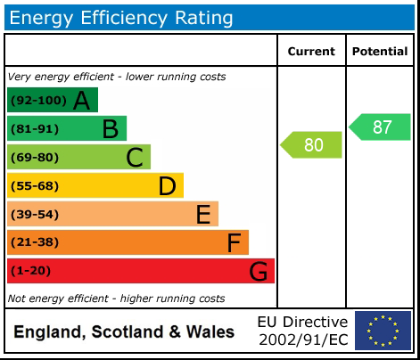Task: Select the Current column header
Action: pyautogui.click(x=311, y=52)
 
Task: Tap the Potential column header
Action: pyautogui.click(x=380, y=52)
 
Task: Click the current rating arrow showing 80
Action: pyautogui.click(x=312, y=144)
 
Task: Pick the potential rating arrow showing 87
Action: pyautogui.click(x=380, y=127)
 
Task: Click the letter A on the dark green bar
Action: pyautogui.click(x=81, y=101)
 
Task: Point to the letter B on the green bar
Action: pyautogui.click(x=110, y=129)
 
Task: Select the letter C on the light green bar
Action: pyautogui.click(x=135, y=158)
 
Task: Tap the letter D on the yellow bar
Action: pyautogui.click(x=167, y=186)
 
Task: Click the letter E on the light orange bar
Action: pyautogui.click(x=203, y=215)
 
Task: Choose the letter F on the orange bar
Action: pyautogui.click(x=234, y=242)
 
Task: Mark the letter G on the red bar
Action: pyautogui.click(x=259, y=271)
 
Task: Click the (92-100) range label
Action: pyautogui.click(x=37, y=101)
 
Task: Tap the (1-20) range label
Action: pyautogui.click(x=31, y=271)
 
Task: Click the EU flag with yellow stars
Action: pyautogui.click(x=383, y=331)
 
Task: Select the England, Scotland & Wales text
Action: pyautogui.click(x=124, y=332)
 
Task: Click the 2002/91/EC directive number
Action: pyautogui.click(x=303, y=340)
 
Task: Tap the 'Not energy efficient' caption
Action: pyautogui.click(x=116, y=299)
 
